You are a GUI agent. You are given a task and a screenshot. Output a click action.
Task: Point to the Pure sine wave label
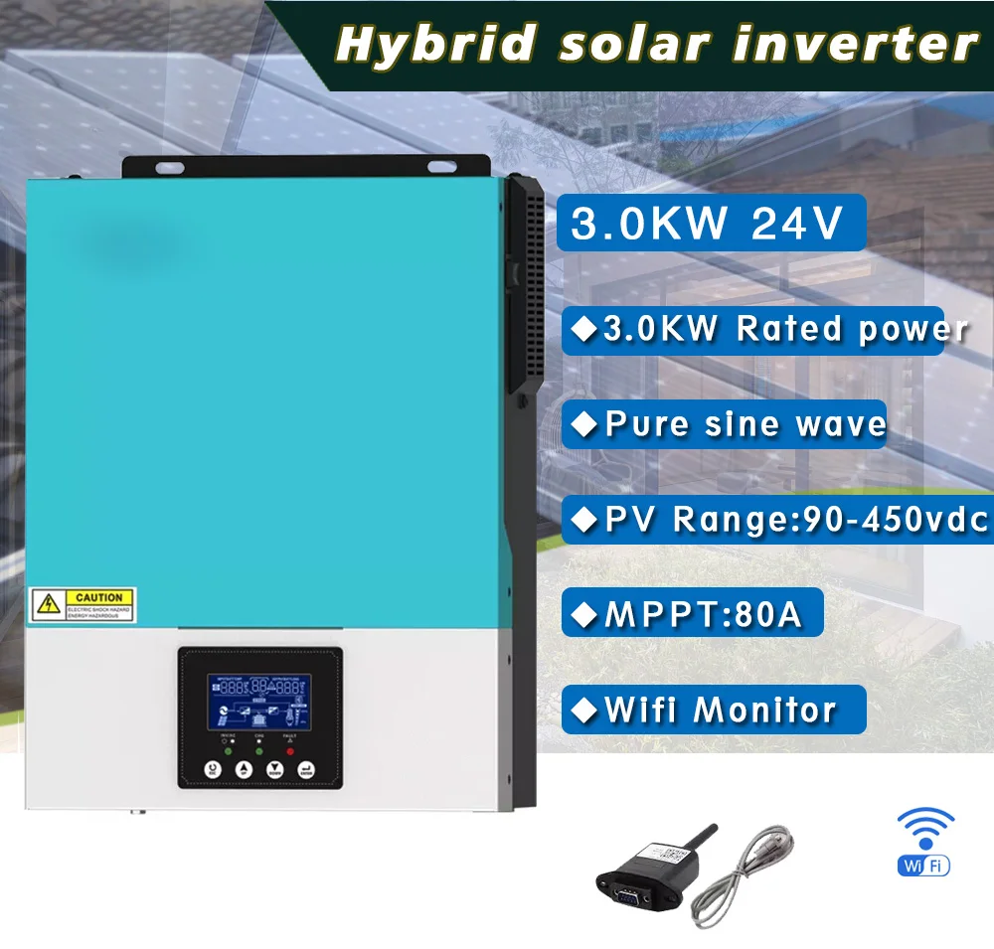[x=745, y=424]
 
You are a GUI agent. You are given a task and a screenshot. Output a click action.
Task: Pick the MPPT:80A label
[x=702, y=615]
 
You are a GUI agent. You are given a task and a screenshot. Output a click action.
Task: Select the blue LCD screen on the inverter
[x=259, y=705]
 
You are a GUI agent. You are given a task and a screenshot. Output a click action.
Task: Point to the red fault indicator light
[x=290, y=750]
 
